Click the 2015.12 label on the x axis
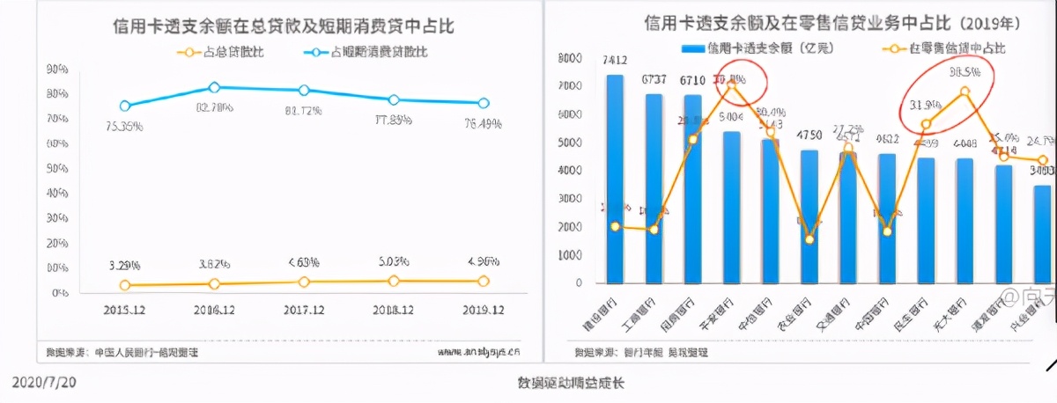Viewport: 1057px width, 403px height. point(124,311)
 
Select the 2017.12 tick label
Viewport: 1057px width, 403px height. point(303,311)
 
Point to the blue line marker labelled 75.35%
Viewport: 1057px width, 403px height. point(124,106)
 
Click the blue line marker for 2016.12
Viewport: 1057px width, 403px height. point(214,87)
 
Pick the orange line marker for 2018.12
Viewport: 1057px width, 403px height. point(393,281)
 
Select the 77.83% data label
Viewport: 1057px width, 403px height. point(393,121)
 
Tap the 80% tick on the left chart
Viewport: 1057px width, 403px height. point(58,93)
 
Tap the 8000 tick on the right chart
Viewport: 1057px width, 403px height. point(571,58)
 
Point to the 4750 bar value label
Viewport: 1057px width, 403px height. point(809,136)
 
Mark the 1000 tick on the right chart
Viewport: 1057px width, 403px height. point(571,255)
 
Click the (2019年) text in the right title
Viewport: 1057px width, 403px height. point(987,20)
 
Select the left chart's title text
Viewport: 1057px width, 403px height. point(284,26)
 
